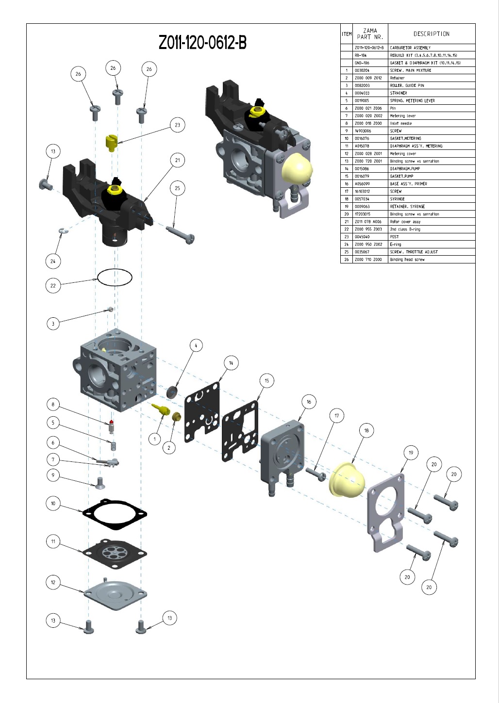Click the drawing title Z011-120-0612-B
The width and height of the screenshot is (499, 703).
(x=202, y=43)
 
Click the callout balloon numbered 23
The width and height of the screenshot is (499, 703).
(x=177, y=125)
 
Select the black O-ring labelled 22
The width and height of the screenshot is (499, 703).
(x=115, y=278)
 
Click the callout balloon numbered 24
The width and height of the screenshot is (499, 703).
(x=53, y=262)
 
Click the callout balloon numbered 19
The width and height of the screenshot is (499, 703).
(x=411, y=453)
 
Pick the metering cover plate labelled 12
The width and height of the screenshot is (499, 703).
(x=115, y=592)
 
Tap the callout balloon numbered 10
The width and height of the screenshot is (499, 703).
(x=53, y=504)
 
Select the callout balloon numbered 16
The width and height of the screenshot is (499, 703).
(x=309, y=402)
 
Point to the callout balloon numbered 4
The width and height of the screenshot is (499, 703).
(x=196, y=345)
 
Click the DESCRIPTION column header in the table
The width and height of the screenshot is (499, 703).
(x=431, y=34)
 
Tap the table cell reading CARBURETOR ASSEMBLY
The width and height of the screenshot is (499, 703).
(x=410, y=48)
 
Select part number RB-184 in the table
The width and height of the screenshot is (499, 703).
(x=361, y=55)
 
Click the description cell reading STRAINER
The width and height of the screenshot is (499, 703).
(x=399, y=93)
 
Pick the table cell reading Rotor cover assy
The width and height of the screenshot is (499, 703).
(x=405, y=222)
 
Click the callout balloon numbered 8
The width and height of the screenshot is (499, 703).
(x=53, y=405)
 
